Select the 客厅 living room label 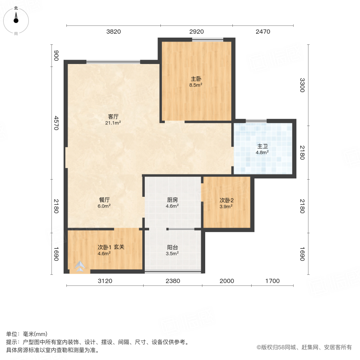[x=113, y=117]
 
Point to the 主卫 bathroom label [x=262, y=146]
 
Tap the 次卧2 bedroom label [x=226, y=200]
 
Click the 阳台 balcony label [x=172, y=247]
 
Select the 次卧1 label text [x=104, y=247]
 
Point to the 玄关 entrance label [x=119, y=247]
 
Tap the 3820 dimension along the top [x=113, y=32]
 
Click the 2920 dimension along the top [x=196, y=32]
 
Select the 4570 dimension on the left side [x=56, y=123]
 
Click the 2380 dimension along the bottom [x=173, y=281]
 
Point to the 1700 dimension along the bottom [x=272, y=281]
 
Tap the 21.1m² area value [x=113, y=123]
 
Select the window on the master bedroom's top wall [x=207, y=39]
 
